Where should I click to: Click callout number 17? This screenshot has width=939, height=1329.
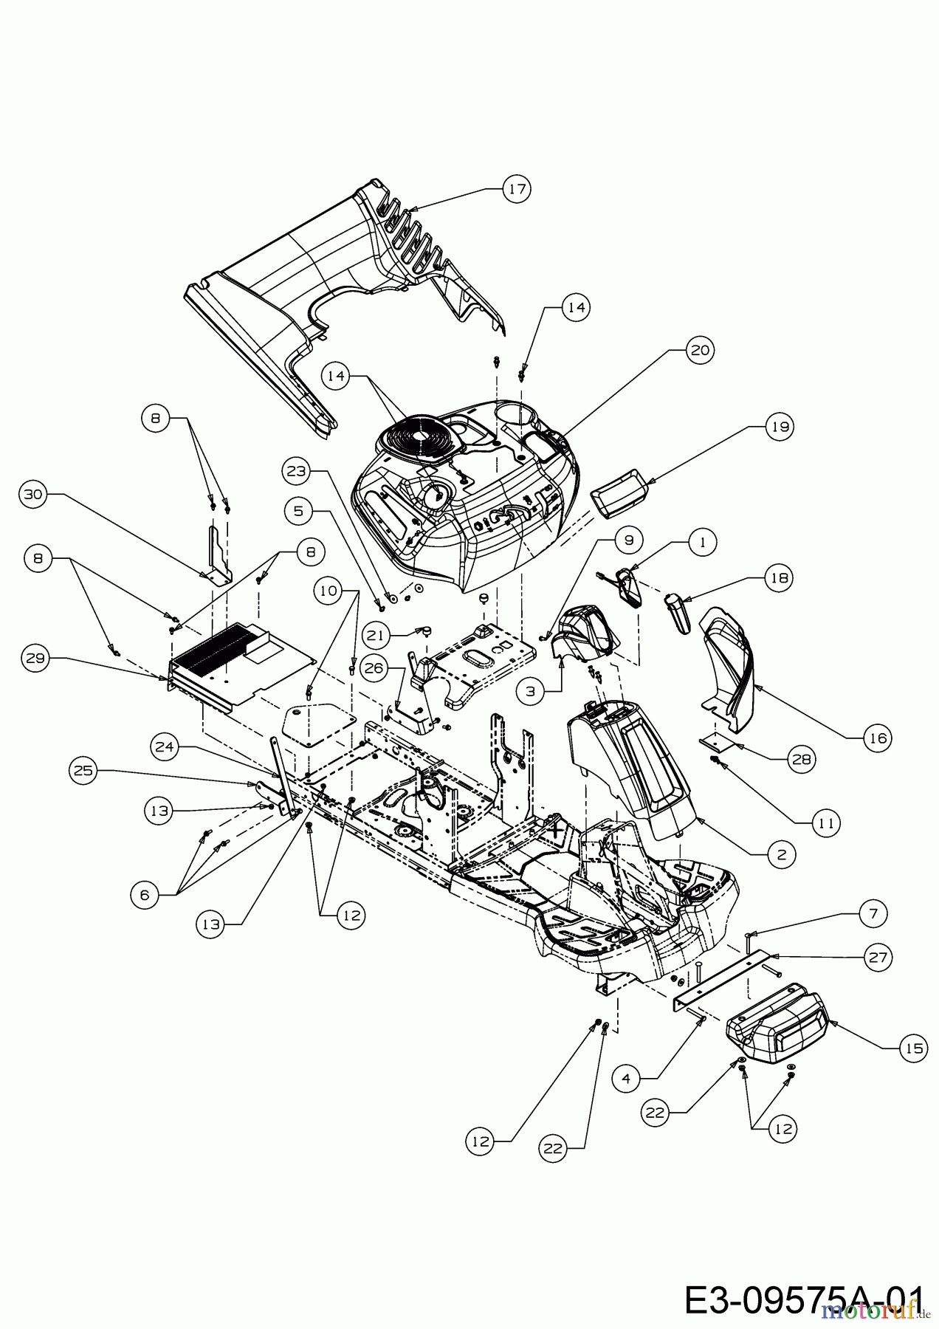point(517,189)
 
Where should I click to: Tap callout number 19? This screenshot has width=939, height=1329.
point(780,427)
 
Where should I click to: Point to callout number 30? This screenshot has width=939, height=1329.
point(32,494)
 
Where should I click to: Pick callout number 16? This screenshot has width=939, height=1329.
point(878,737)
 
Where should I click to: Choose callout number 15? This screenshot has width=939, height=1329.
point(913,1048)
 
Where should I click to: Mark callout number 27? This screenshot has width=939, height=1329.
point(878,958)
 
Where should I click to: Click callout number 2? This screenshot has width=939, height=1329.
point(782,854)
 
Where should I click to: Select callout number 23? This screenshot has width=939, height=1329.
point(297,470)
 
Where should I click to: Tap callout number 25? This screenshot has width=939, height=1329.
point(83,771)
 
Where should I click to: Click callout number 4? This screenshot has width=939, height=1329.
point(627,1078)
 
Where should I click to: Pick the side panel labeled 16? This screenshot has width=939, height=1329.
point(731,664)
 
